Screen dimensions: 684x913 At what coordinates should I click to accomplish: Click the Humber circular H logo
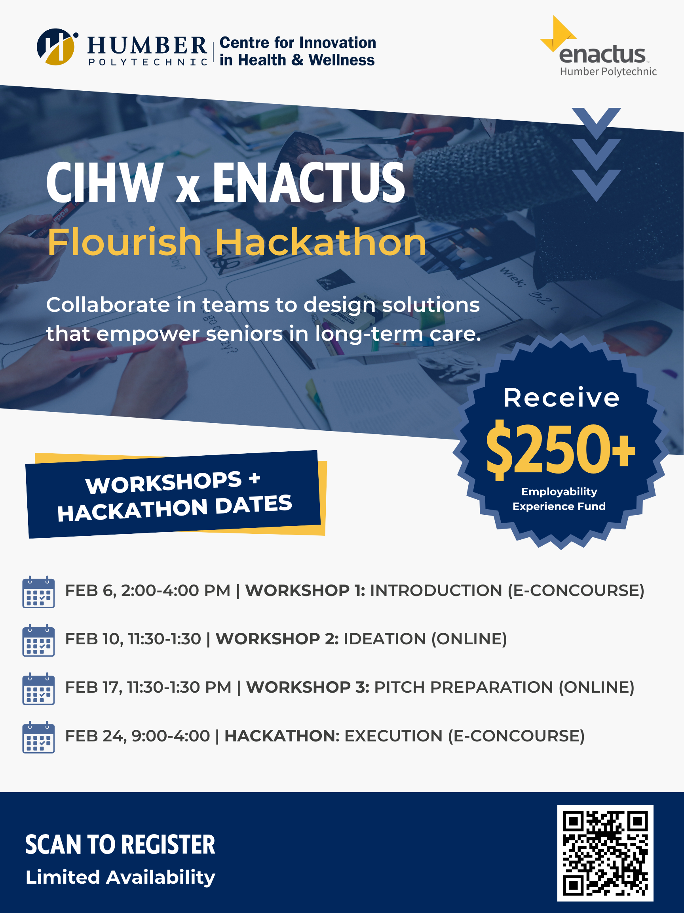click(x=57, y=47)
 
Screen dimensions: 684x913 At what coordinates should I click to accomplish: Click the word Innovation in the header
click(x=338, y=42)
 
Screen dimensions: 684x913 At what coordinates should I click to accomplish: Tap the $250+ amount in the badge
click(x=561, y=450)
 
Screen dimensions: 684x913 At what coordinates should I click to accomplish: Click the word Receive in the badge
click(x=561, y=397)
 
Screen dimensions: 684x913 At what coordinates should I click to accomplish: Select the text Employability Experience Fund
click(x=559, y=499)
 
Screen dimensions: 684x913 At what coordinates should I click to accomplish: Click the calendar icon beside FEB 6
click(x=38, y=592)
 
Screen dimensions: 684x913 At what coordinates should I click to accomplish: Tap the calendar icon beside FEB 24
click(x=38, y=737)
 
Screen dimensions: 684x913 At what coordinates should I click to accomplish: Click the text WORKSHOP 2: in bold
click(x=277, y=639)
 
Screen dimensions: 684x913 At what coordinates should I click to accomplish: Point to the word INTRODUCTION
click(x=436, y=591)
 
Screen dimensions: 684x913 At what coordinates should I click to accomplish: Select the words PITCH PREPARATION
click(x=464, y=687)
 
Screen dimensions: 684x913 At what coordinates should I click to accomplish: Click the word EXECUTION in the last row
click(x=393, y=736)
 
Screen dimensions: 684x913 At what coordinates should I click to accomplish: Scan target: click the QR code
click(x=605, y=853)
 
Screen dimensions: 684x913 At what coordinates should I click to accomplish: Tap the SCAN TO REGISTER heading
click(x=120, y=844)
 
